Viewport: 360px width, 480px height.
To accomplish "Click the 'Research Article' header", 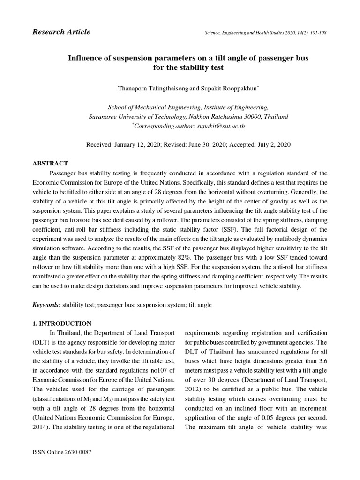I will point(61,32).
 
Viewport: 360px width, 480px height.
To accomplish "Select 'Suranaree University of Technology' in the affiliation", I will point(138,116).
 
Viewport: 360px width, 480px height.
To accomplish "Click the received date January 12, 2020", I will point(135,145).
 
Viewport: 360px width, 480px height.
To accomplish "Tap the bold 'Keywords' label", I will point(46,305).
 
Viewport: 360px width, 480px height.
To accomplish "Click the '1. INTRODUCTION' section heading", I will point(61,323).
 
